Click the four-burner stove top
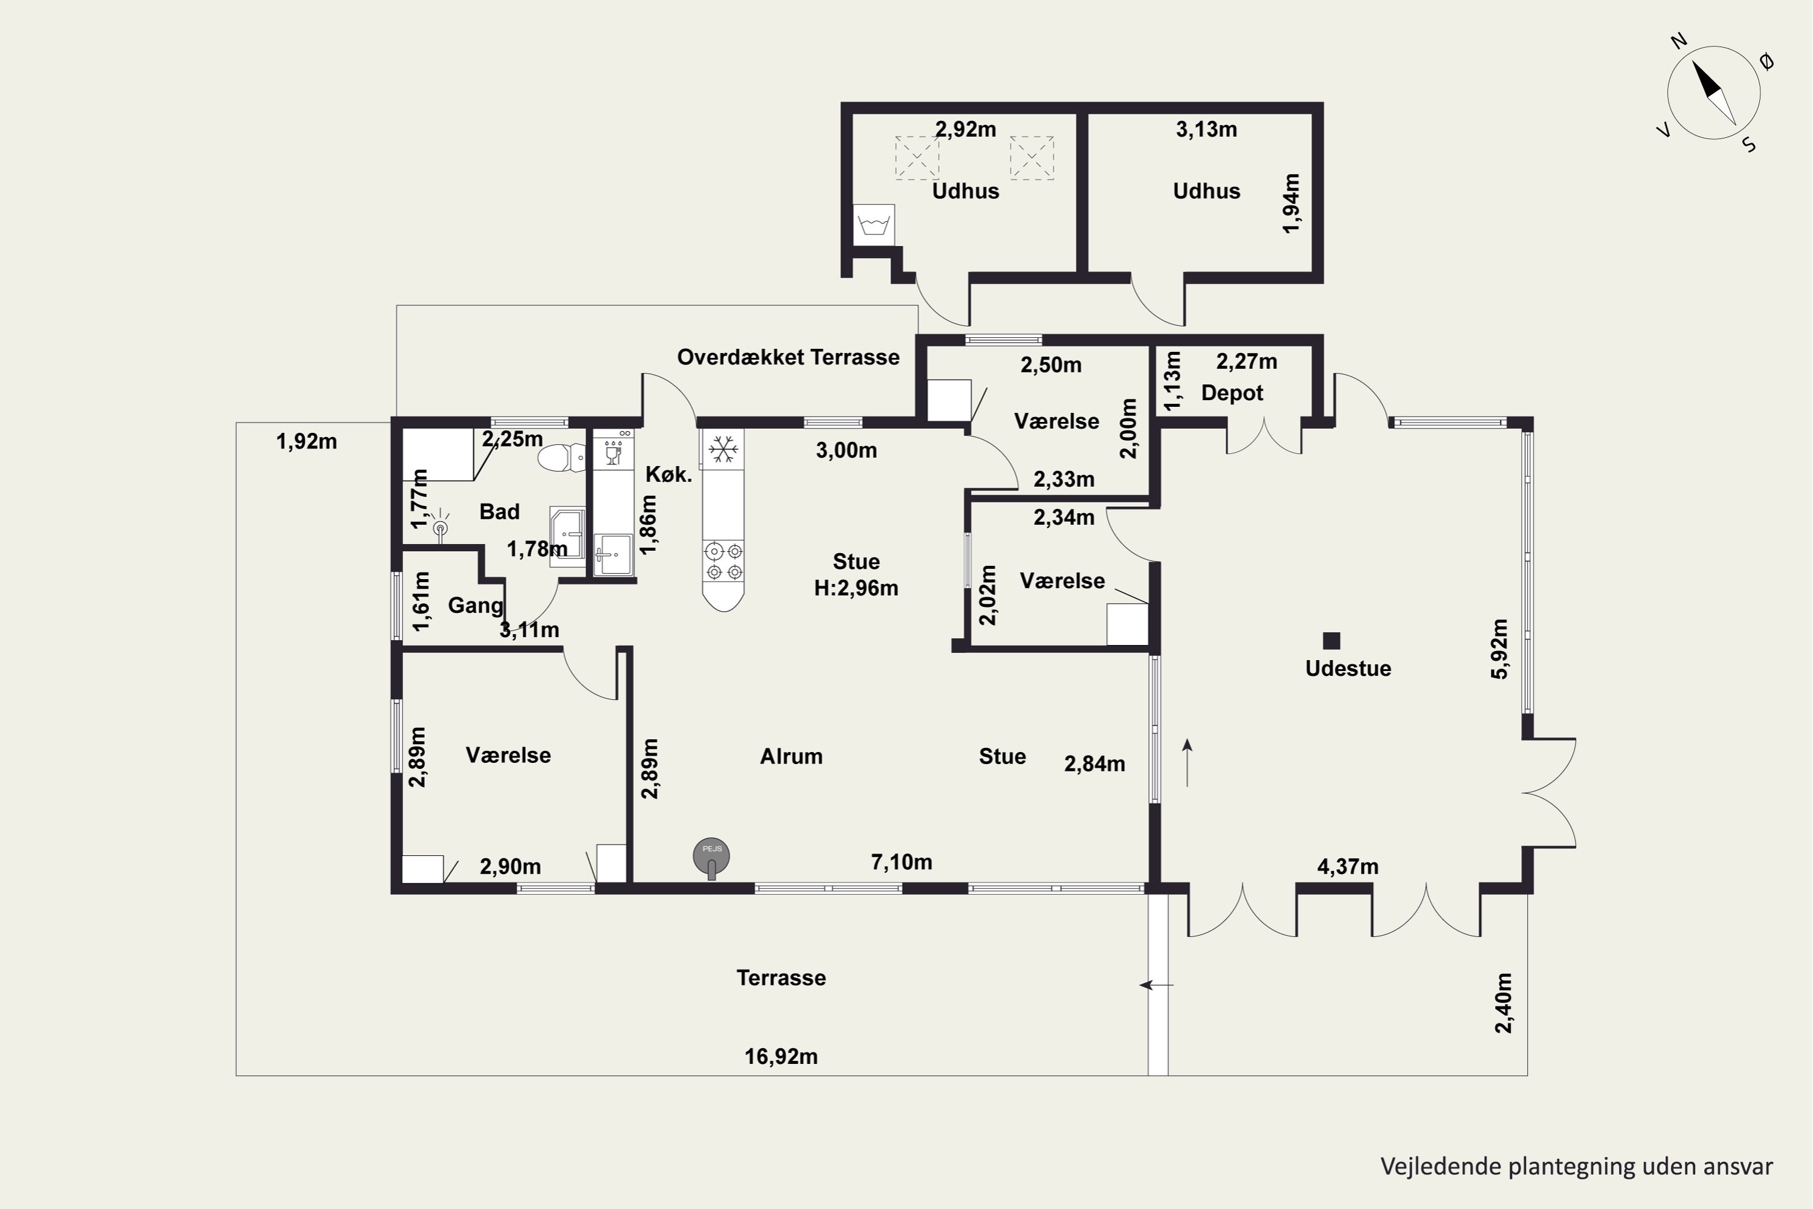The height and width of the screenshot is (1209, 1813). click(723, 560)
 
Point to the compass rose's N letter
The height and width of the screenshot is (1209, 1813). click(1679, 41)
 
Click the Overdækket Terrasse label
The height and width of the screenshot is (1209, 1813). click(788, 357)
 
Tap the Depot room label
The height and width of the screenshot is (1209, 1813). click(1232, 394)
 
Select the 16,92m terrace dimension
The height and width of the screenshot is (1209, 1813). click(781, 1056)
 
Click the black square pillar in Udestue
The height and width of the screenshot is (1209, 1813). click(1331, 641)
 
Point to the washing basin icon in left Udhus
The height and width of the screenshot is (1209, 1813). click(874, 225)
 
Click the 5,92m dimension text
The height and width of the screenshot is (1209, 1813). click(1499, 649)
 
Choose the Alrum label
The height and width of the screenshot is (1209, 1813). click(791, 756)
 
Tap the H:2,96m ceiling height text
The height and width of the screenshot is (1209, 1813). click(856, 588)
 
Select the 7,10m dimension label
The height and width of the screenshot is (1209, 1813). click(901, 862)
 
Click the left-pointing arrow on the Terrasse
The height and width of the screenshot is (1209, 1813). click(1156, 985)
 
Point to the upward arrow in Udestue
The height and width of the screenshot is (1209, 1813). click(1187, 762)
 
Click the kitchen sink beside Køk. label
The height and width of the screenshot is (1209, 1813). click(613, 554)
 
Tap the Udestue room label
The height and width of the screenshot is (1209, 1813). click(1348, 669)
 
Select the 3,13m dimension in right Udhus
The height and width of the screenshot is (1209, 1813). click(1206, 129)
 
